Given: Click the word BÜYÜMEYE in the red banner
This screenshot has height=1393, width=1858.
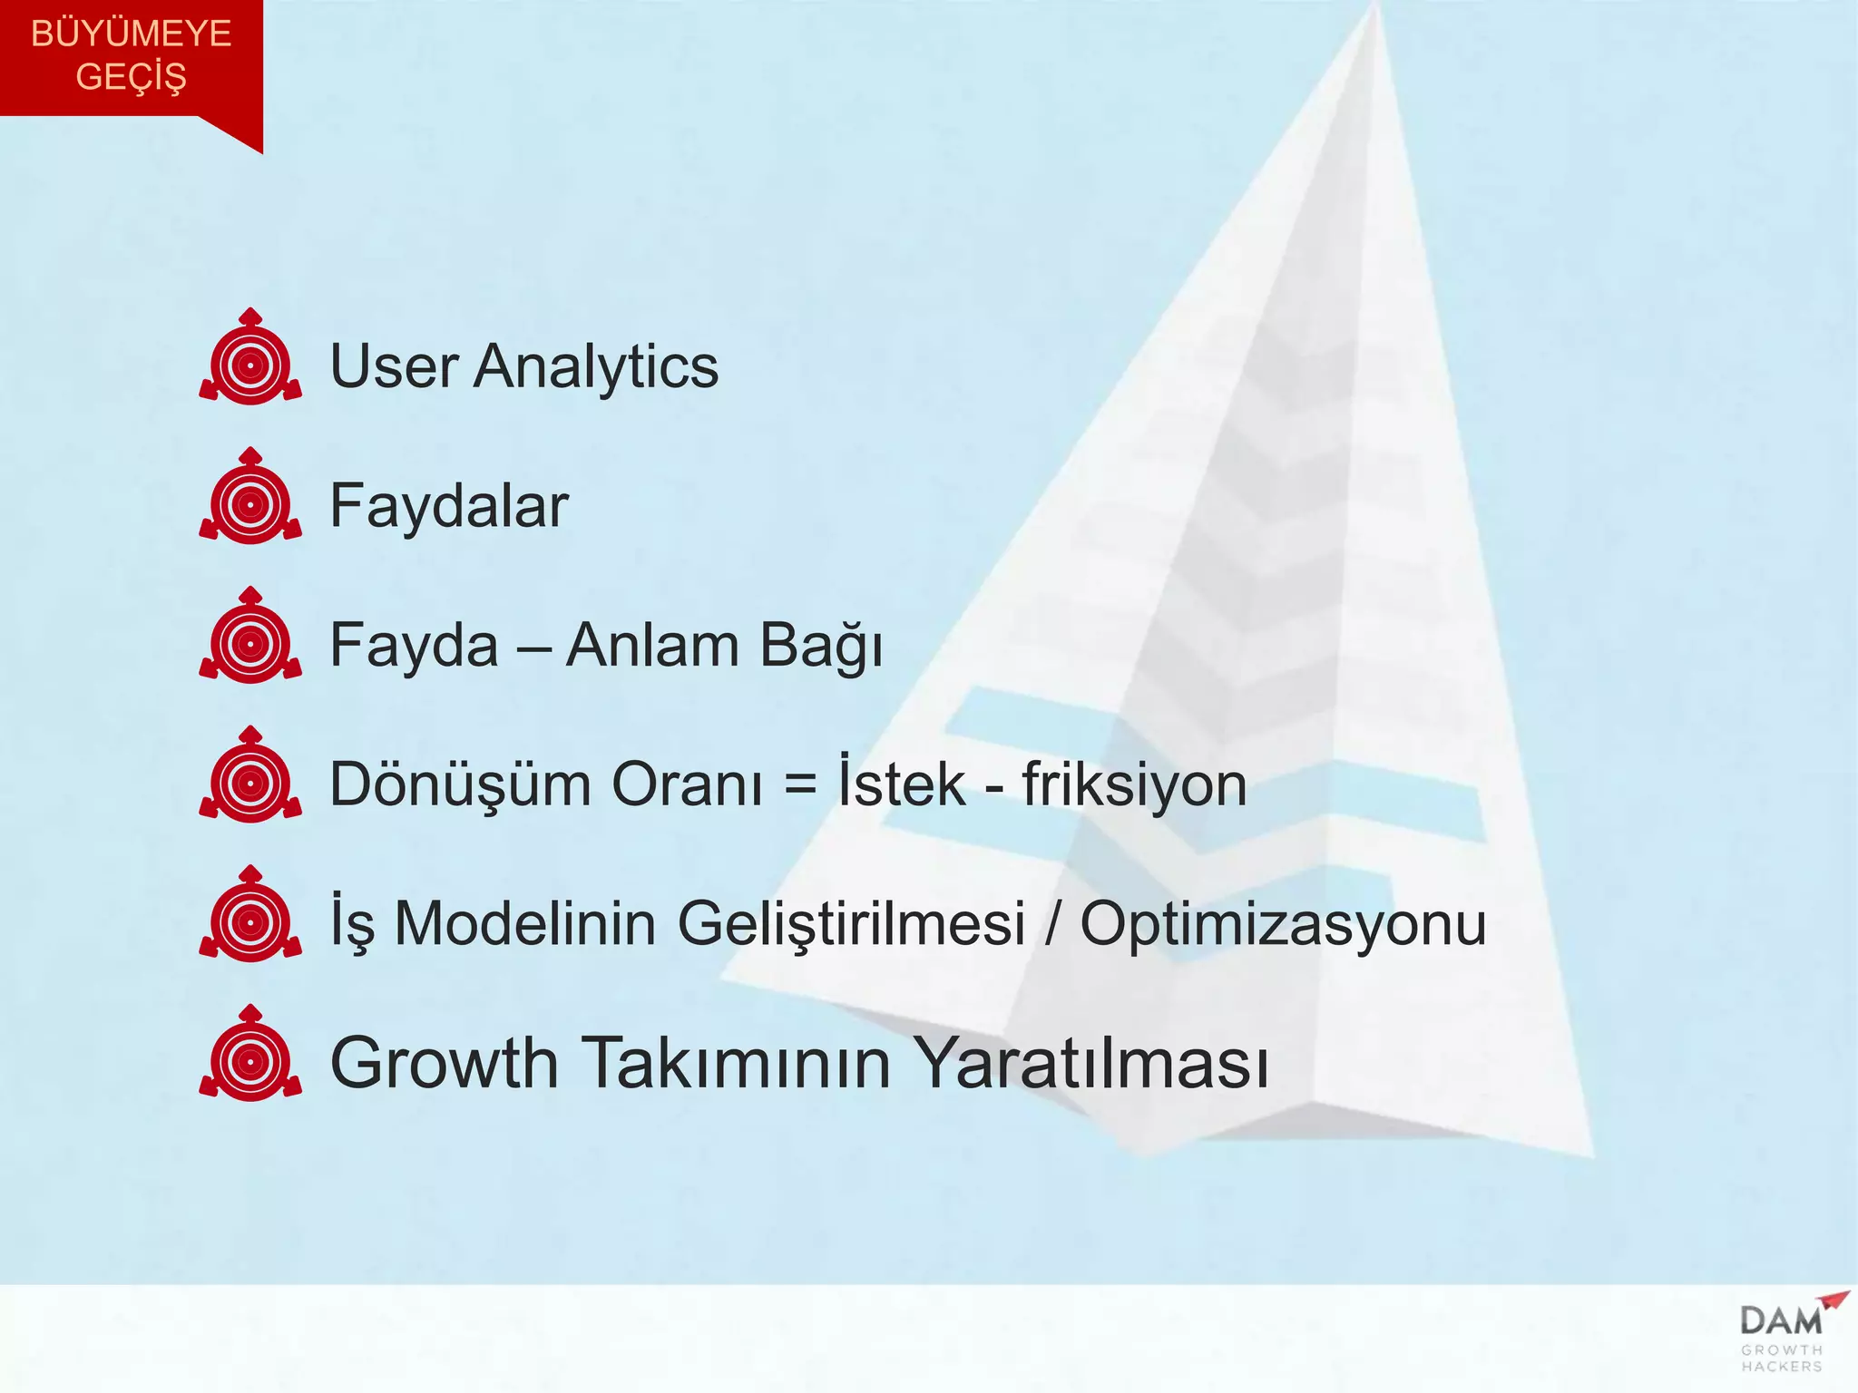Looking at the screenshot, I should (x=131, y=34).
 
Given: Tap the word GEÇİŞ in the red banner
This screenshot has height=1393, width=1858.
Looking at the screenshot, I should (x=131, y=76).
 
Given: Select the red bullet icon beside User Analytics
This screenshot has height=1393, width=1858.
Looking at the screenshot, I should (x=250, y=358).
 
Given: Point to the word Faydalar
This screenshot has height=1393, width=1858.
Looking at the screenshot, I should (x=448, y=506).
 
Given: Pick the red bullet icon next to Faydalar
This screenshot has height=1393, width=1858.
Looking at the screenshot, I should (x=250, y=498).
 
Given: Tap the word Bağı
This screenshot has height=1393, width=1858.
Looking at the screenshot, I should (x=821, y=647).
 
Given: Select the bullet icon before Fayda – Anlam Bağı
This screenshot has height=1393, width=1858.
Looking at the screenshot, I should (x=250, y=638).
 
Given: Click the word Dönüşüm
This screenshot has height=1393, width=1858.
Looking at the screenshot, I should (x=459, y=784).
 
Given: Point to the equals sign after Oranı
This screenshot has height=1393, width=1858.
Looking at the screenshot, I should (x=800, y=785).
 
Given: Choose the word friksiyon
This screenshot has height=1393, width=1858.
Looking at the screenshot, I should (x=1134, y=784).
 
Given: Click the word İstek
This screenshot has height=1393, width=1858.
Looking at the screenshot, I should (x=901, y=782).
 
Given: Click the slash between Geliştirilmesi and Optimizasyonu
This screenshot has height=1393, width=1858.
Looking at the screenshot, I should (x=1052, y=923).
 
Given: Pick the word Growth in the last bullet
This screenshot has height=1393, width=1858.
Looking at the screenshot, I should (x=444, y=1062).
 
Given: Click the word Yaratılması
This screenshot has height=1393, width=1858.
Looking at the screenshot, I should (x=1090, y=1062).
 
